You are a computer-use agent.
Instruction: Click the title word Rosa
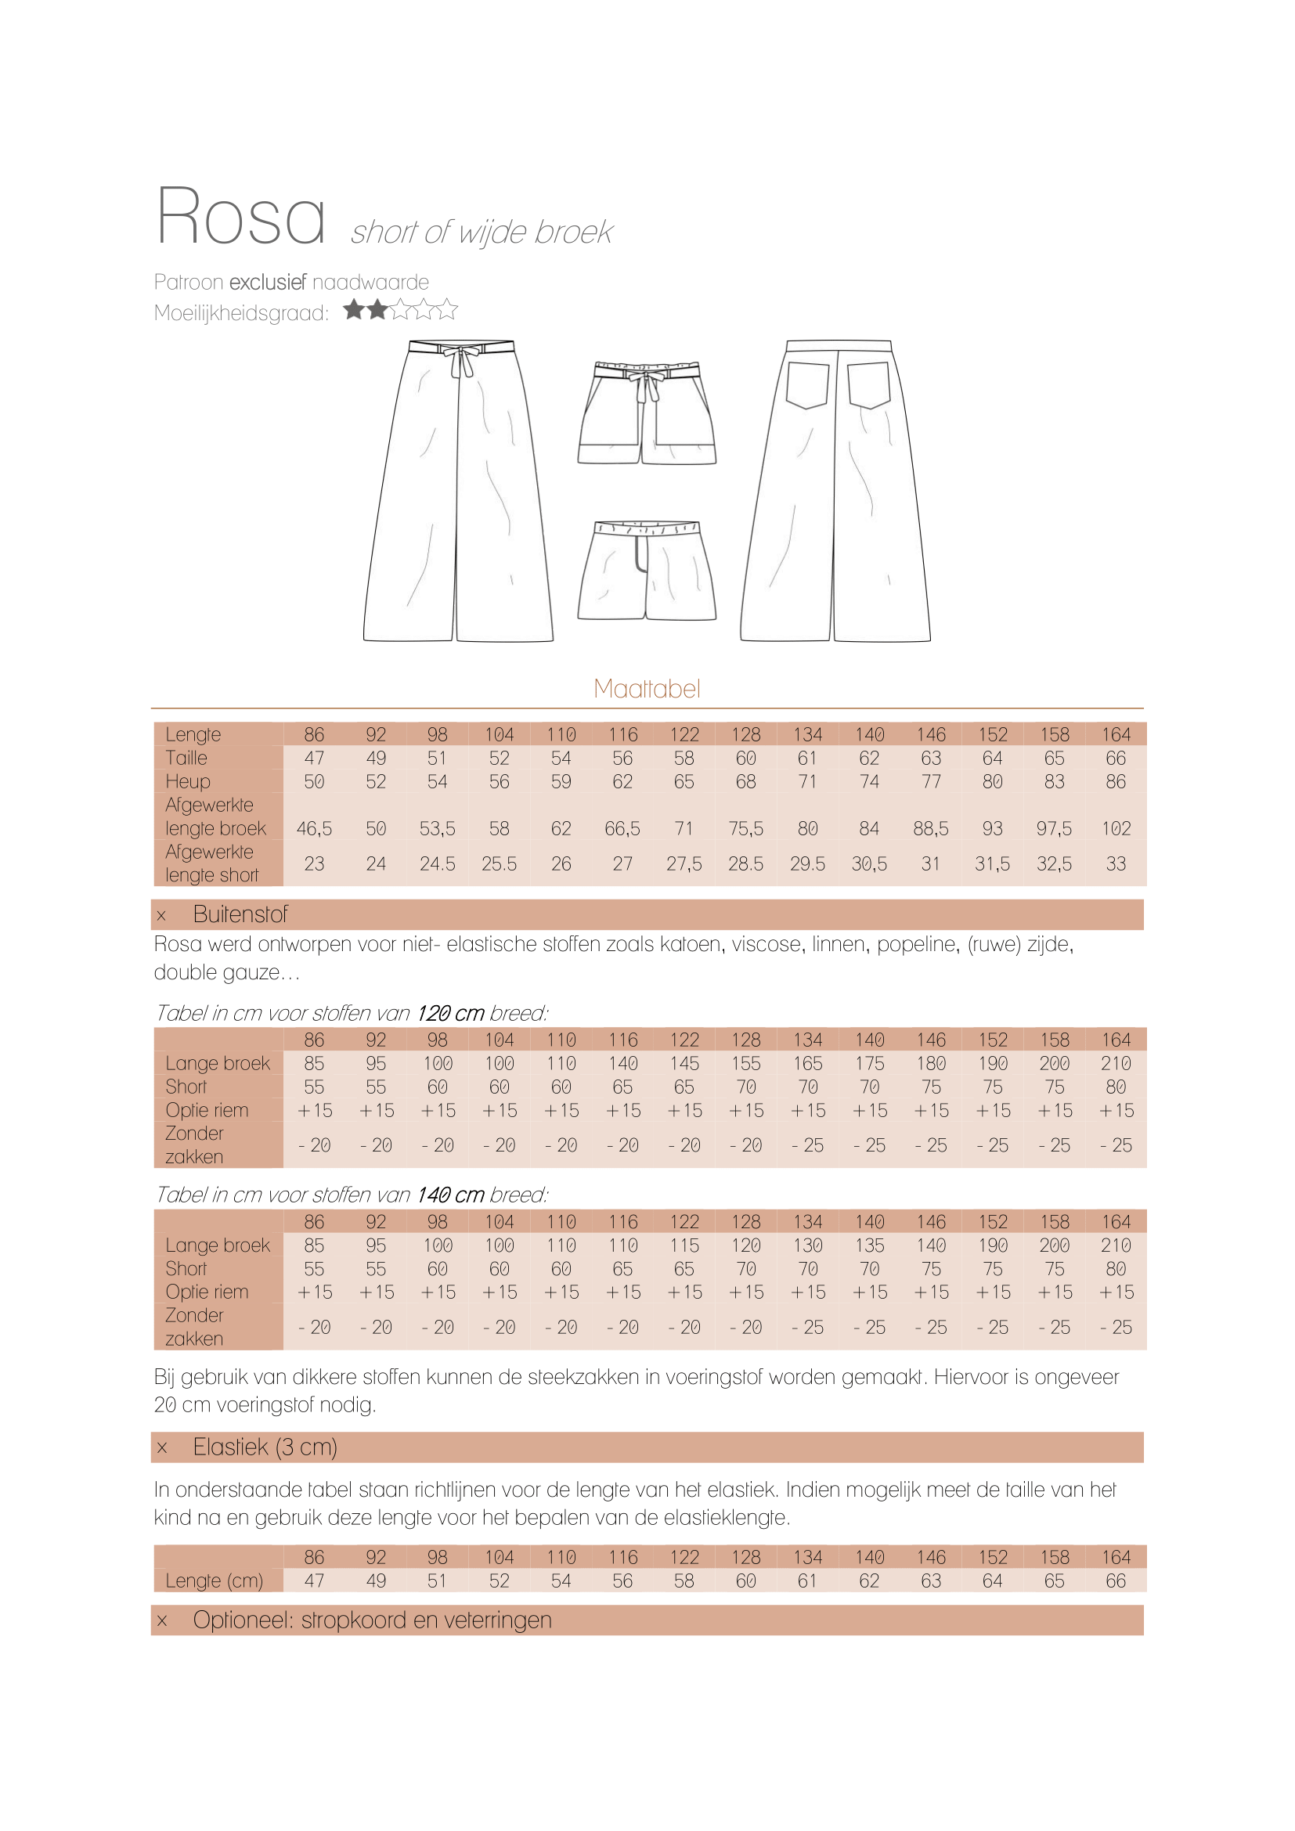(x=240, y=216)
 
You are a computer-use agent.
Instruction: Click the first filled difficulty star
(x=354, y=309)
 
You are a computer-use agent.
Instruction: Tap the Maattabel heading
(x=647, y=688)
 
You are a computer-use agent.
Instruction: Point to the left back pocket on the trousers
(x=807, y=385)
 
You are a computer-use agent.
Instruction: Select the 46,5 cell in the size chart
(x=314, y=828)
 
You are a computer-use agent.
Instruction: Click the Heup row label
(x=188, y=781)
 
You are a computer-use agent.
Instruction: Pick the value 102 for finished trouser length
(x=1116, y=828)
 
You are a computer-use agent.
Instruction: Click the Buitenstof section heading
(x=240, y=914)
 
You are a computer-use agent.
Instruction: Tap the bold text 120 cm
(x=450, y=1013)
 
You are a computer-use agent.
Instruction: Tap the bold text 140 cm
(x=450, y=1195)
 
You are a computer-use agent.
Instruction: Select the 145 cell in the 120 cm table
(x=684, y=1063)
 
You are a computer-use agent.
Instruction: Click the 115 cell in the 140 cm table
(x=684, y=1245)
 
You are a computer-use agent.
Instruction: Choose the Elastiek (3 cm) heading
(x=265, y=1447)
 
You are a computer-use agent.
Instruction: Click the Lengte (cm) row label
(x=214, y=1580)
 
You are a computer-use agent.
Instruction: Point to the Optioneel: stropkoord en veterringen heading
(x=372, y=1620)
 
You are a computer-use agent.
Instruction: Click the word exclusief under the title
(x=267, y=282)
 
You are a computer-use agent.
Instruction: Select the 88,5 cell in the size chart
(x=931, y=828)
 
